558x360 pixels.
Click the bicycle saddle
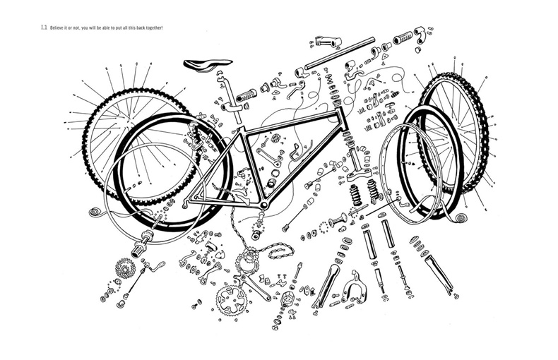pos(204,65)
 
